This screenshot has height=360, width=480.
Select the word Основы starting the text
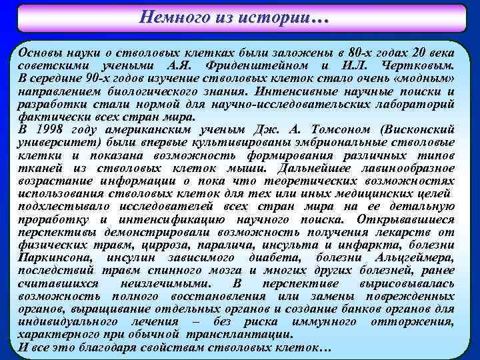coord(40,53)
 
